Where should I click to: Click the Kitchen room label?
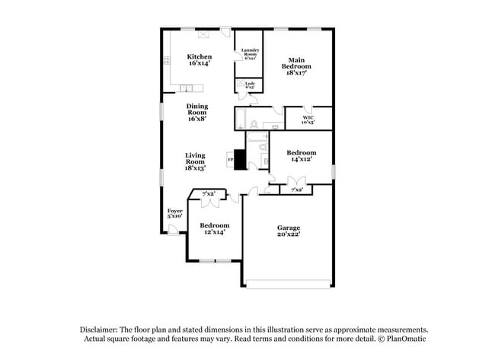tap(200, 60)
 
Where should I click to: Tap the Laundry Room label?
tap(250, 54)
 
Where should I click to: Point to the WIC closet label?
tap(307, 119)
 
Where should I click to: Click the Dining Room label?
tap(196, 113)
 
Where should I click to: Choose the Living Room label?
tap(195, 161)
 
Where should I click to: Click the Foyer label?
tap(174, 213)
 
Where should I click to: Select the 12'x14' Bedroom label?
tap(215, 228)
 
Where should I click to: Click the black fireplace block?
tap(240, 161)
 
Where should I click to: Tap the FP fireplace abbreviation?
tap(230, 160)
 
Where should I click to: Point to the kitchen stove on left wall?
tap(165, 61)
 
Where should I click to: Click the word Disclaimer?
tap(103, 329)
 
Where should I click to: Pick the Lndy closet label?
tap(250, 85)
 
